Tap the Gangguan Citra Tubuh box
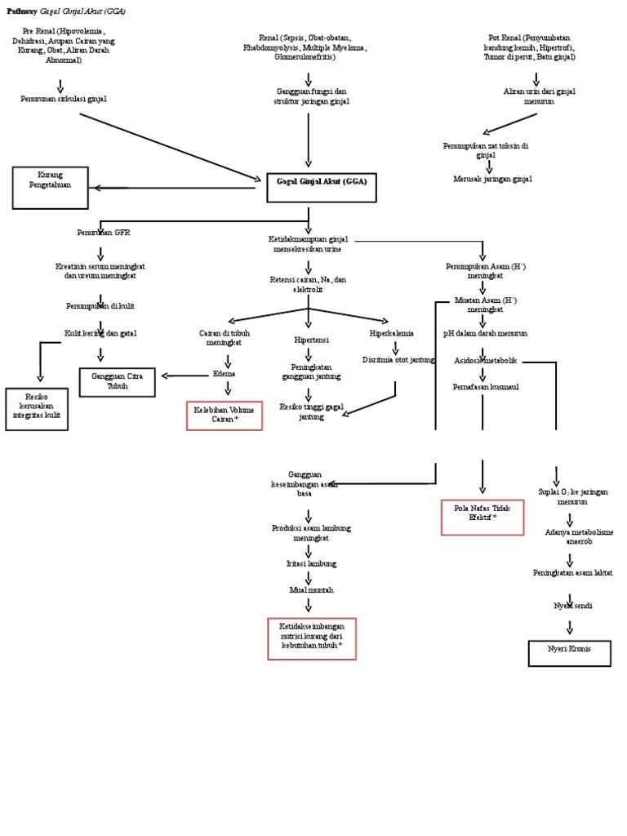coord(118,382)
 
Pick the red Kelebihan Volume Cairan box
coord(225,416)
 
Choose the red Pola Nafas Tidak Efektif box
coord(482,517)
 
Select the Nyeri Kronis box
coord(569,653)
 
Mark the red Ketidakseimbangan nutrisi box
coord(312,638)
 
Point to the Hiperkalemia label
coord(392,333)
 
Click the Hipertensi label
coord(309,339)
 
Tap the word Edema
coord(224,373)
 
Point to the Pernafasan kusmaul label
coord(486,387)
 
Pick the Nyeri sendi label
coord(572,606)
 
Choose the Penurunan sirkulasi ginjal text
coord(64,99)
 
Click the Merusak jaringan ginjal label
coord(492,179)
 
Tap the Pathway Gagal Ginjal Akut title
coord(66,12)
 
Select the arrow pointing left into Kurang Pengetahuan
coord(110,188)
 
